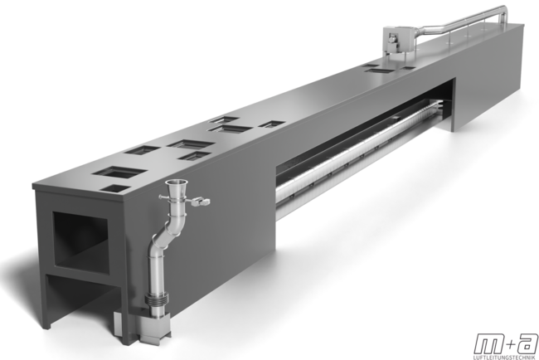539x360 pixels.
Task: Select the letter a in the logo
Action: click(526, 344)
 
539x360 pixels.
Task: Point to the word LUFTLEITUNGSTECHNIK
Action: click(506, 358)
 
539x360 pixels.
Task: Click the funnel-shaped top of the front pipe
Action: click(176, 187)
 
